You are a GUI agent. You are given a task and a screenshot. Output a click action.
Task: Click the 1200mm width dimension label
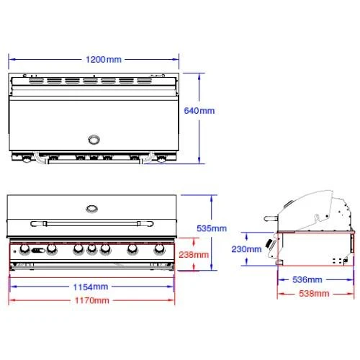[104, 60]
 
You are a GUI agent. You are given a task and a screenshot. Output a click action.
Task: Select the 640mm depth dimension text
[199, 111]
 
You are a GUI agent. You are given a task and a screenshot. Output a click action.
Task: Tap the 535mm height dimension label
[212, 228]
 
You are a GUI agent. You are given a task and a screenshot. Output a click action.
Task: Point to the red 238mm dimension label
[194, 254]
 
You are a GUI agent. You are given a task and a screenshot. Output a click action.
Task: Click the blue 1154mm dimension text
[91, 287]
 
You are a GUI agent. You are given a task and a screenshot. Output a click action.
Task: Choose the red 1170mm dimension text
[92, 300]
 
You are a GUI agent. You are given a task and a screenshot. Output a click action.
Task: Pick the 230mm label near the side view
[246, 249]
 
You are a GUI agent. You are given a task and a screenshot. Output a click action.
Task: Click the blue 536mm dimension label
[307, 279]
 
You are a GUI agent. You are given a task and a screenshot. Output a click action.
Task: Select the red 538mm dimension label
[314, 293]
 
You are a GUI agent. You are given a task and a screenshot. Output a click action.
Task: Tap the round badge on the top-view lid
[94, 140]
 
